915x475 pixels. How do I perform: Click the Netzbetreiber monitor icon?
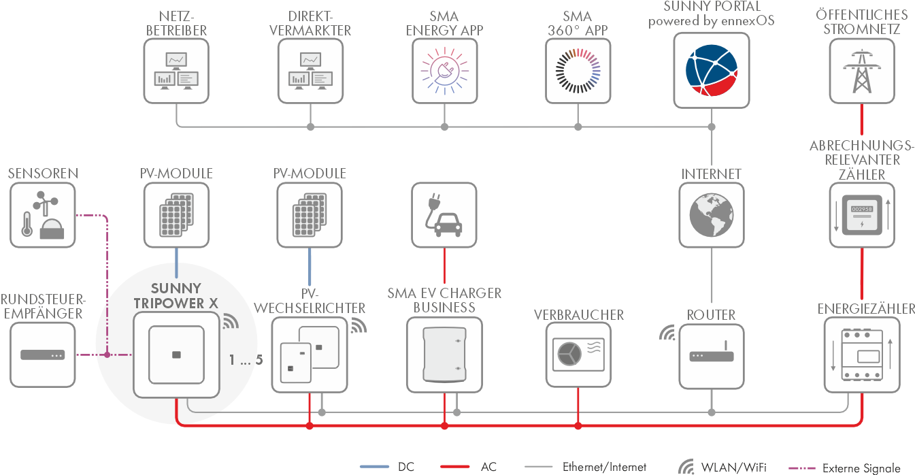click(177, 70)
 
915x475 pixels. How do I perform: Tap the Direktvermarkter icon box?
click(310, 70)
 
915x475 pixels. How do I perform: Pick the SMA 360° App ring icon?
click(578, 70)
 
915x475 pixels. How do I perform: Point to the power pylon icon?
click(862, 70)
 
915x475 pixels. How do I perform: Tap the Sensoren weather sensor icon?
click(43, 215)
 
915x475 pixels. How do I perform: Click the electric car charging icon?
click(444, 215)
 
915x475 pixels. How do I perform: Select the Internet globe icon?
click(712, 215)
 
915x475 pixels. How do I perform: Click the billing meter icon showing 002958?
click(862, 215)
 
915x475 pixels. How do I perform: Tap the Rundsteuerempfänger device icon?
click(43, 355)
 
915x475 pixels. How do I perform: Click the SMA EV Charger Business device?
click(444, 355)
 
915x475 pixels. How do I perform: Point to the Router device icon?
click(712, 355)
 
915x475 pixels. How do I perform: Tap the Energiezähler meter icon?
click(862, 355)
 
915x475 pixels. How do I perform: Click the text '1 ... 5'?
click(246, 361)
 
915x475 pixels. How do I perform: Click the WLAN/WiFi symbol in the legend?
click(686, 467)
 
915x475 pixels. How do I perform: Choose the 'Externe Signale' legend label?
click(861, 468)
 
